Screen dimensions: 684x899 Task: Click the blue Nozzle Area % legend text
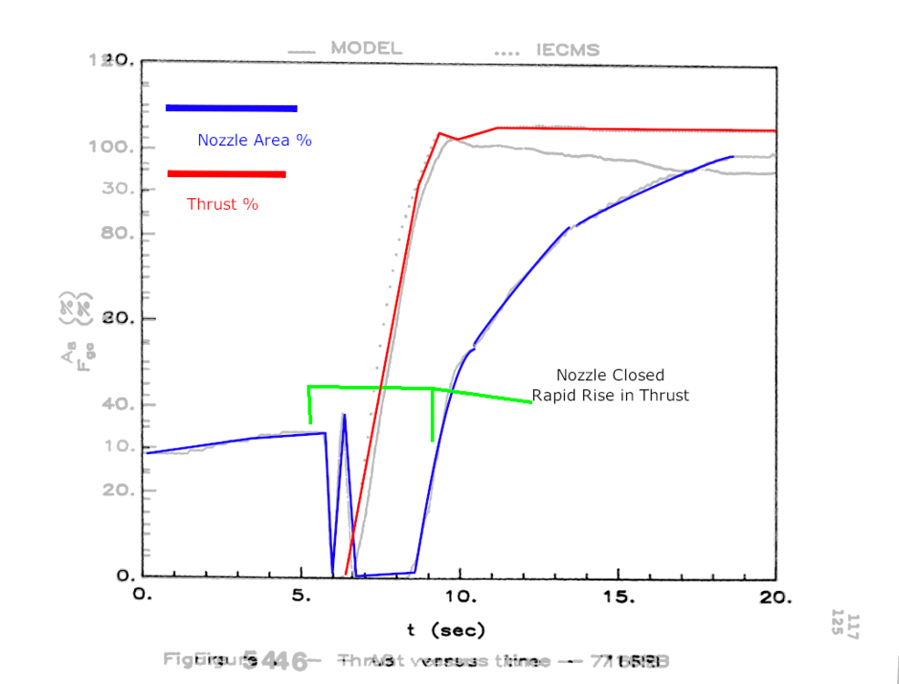point(255,140)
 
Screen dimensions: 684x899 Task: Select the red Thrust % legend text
point(223,204)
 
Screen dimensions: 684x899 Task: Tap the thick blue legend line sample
point(232,109)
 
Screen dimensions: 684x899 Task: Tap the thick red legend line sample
point(226,174)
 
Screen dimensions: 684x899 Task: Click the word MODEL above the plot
point(365,48)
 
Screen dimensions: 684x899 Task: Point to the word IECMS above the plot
point(568,49)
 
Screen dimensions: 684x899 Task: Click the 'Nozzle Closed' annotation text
point(611,375)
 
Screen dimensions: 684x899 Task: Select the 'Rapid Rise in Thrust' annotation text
point(611,396)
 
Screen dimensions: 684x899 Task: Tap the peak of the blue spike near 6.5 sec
point(344,415)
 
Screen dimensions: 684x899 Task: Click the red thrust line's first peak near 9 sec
point(440,133)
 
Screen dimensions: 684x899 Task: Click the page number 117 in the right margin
point(853,627)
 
